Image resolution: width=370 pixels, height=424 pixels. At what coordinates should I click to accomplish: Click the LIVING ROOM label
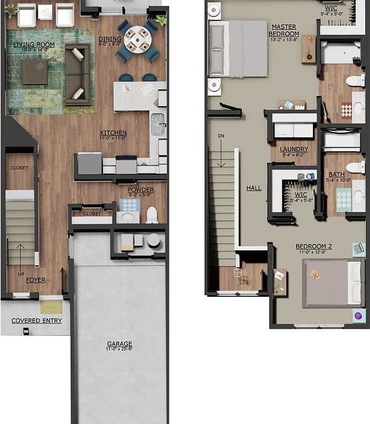pyautogui.click(x=34, y=44)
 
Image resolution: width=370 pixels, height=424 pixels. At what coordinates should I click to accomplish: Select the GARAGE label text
pyautogui.click(x=119, y=344)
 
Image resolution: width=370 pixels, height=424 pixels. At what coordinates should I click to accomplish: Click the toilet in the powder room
pyautogui.click(x=152, y=214)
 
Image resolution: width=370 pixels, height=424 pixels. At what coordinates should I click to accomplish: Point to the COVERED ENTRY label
pyautogui.click(x=36, y=321)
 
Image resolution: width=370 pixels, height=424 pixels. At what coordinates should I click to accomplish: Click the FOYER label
pyautogui.click(x=35, y=280)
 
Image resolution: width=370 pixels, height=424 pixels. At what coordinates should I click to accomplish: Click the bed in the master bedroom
pyautogui.click(x=239, y=48)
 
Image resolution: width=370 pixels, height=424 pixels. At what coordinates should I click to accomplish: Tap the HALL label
pyautogui.click(x=254, y=188)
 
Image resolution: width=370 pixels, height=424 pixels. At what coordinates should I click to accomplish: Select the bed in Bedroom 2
pyautogui.click(x=331, y=283)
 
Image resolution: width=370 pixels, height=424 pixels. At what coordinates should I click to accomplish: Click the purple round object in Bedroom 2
pyautogui.click(x=358, y=316)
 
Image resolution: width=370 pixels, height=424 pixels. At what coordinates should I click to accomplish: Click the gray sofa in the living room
pyautogui.click(x=77, y=74)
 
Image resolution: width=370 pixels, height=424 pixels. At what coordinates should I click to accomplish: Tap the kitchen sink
pyautogui.click(x=158, y=124)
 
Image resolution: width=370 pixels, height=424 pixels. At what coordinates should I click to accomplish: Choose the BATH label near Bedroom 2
pyautogui.click(x=336, y=174)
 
